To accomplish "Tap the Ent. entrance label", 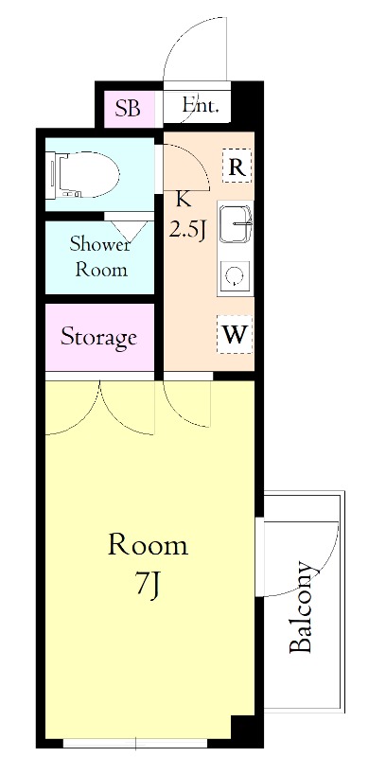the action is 201,105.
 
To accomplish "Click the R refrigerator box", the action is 237,166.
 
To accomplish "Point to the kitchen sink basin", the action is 236,223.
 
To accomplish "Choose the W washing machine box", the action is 235,334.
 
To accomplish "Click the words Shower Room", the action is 100,256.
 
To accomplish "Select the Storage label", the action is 98,337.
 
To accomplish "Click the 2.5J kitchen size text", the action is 187,230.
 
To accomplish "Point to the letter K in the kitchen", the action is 182,199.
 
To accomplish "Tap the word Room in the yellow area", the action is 148,545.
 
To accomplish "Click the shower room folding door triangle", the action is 131,232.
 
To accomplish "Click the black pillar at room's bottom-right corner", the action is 244,728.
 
